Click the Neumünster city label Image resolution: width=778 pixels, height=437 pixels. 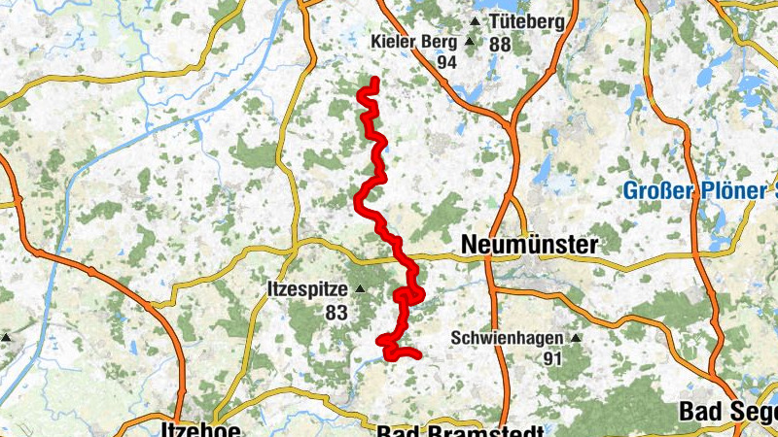coord(529,245)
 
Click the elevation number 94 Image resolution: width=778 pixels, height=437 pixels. coord(446,62)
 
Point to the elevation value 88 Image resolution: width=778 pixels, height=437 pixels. coord(500,45)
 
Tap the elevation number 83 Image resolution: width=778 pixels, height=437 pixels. coord(336,313)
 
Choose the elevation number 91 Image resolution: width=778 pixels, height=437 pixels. coord(553,358)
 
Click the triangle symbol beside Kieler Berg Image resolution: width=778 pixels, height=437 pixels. coord(469,43)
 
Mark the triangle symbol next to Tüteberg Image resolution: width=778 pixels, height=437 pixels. coord(475,21)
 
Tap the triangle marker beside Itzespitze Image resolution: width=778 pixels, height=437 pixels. coord(360,289)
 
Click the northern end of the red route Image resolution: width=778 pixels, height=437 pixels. coord(375,79)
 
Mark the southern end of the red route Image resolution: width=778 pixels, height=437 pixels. coord(417,356)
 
